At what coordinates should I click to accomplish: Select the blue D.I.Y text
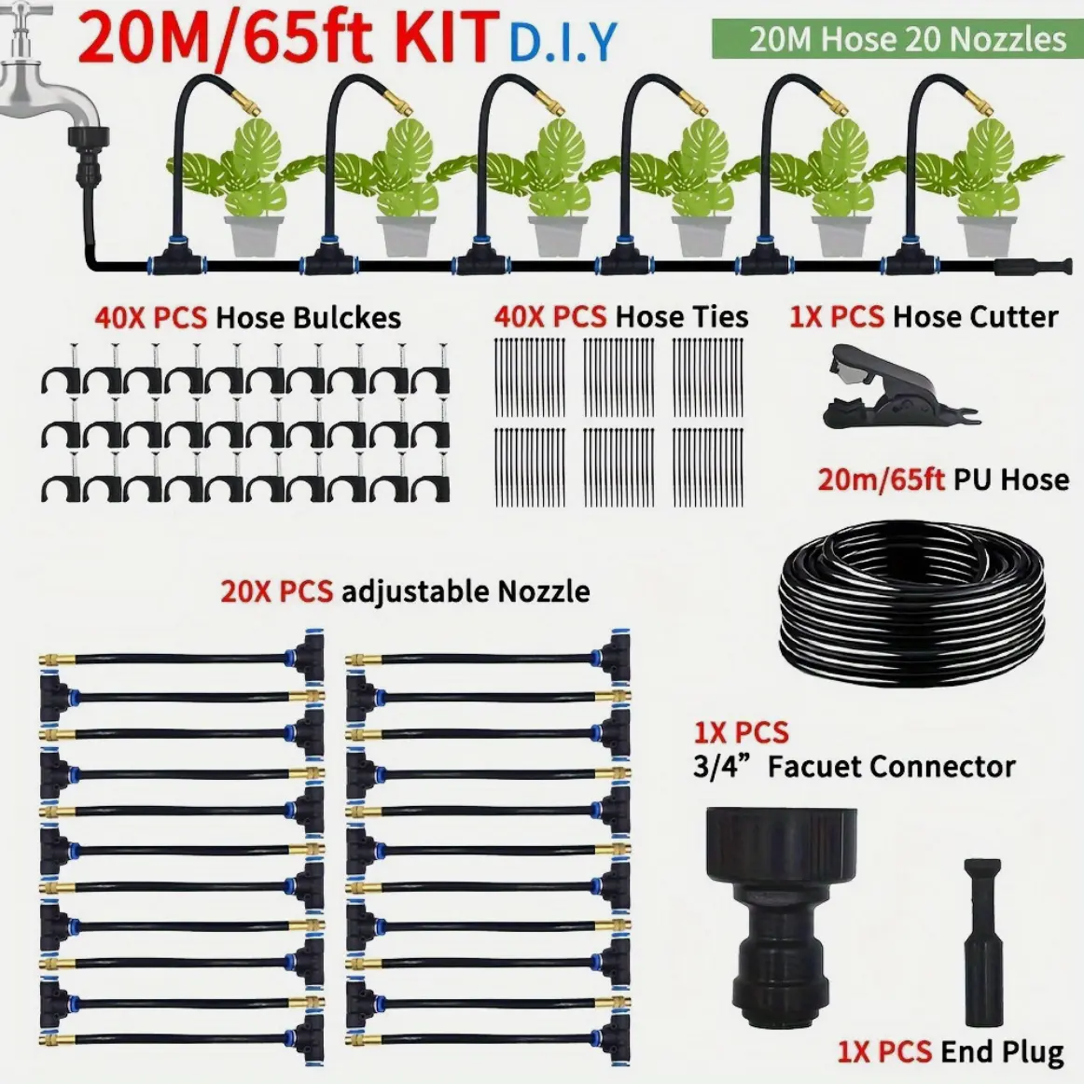pos(562,42)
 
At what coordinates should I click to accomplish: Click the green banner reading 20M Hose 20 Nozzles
pos(897,39)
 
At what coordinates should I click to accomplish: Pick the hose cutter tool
pos(897,387)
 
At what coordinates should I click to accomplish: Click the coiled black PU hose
pos(911,603)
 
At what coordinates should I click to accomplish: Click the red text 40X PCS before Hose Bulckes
pos(151,317)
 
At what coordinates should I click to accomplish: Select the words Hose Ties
pos(682,316)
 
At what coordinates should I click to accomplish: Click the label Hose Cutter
pos(976,316)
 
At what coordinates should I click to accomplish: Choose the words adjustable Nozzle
pos(466,591)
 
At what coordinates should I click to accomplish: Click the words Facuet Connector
pos(890,766)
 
